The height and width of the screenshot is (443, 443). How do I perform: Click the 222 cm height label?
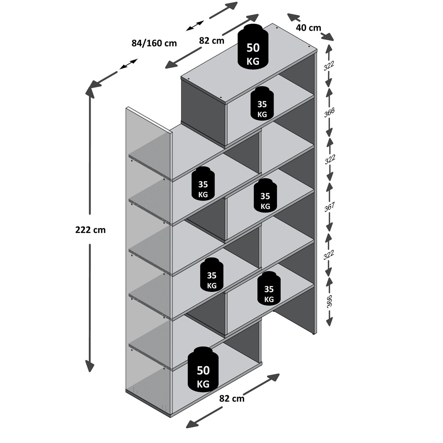click(x=90, y=230)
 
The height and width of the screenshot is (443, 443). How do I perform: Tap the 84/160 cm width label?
click(x=154, y=43)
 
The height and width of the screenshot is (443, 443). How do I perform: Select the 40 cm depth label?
click(x=308, y=28)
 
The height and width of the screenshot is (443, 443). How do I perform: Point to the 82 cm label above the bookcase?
click(x=212, y=41)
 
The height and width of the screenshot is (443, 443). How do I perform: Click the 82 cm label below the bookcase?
click(x=232, y=398)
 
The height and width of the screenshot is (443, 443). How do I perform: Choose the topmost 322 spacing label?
click(x=329, y=66)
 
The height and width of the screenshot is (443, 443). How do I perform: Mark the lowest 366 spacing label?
click(x=329, y=301)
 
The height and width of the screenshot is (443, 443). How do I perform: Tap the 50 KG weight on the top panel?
click(x=253, y=46)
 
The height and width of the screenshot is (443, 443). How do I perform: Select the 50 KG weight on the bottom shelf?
click(x=203, y=369)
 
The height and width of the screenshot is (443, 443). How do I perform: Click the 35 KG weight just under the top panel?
click(x=262, y=104)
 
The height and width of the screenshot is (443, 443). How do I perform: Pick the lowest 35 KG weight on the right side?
click(x=269, y=288)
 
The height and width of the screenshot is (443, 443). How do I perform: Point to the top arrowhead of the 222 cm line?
click(x=90, y=90)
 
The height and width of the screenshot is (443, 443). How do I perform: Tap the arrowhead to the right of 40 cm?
click(x=327, y=37)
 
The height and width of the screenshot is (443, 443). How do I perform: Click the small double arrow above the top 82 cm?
click(x=195, y=25)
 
